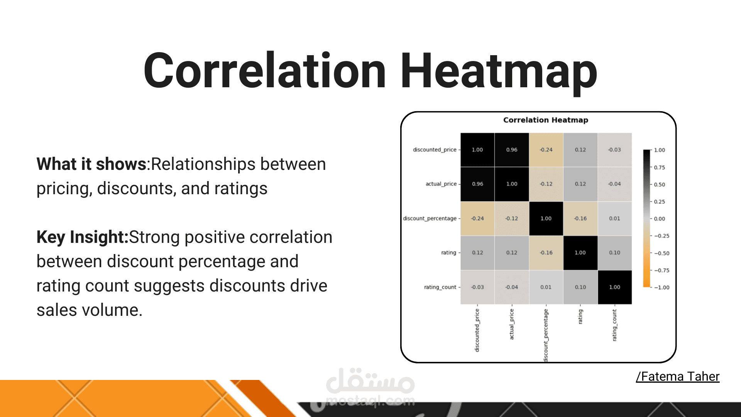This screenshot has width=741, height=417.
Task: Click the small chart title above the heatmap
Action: (546, 120)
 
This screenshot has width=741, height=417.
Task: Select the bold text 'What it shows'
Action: (91, 164)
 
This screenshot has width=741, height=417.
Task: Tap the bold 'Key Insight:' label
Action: (82, 237)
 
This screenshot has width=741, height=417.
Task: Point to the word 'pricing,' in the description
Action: (64, 189)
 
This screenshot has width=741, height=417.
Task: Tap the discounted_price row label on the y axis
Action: (435, 150)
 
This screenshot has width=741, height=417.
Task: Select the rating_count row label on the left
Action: (440, 287)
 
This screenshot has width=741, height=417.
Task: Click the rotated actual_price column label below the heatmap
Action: (512, 324)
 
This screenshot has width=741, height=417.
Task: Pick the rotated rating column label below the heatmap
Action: (580, 317)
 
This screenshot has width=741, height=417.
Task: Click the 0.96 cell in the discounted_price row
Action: (512, 150)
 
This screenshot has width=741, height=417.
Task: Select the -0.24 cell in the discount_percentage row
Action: (477, 219)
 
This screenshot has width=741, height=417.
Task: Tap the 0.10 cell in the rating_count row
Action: (580, 287)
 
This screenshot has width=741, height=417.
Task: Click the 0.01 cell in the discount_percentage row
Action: (614, 219)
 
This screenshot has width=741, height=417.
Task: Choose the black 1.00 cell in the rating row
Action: (580, 253)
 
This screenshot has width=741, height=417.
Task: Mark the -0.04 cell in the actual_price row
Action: (614, 184)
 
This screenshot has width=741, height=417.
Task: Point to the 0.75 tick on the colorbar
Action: (659, 168)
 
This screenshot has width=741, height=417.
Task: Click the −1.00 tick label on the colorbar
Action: (661, 288)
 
